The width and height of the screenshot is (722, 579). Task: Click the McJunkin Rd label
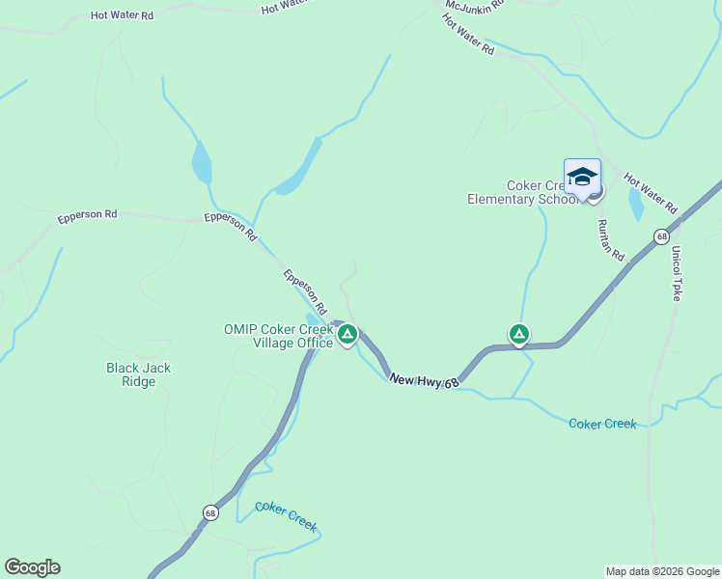[474, 6]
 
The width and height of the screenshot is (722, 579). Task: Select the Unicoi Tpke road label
[677, 272]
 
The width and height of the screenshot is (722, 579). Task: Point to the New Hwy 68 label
[423, 381]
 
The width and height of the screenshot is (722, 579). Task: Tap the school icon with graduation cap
[582, 178]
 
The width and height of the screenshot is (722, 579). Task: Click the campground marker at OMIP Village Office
[347, 335]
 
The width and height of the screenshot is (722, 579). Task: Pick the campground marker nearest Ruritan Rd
[519, 334]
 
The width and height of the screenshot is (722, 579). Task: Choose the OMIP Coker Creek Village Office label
[280, 336]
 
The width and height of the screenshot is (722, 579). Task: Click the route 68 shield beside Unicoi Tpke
[661, 235]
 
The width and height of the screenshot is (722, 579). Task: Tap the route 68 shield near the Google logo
[210, 512]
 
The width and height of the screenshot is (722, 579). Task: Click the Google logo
[32, 567]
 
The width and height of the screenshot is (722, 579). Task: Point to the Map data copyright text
[662, 571]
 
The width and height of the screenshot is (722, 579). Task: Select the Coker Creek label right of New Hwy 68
[602, 424]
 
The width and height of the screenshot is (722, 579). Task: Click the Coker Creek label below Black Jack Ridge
[286, 515]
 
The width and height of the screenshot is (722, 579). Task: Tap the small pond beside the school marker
[635, 204]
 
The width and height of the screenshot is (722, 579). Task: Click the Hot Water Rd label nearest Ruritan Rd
[651, 193]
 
